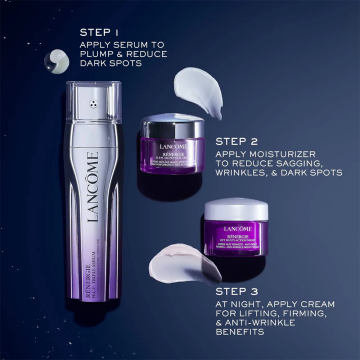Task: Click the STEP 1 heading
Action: click(99, 32)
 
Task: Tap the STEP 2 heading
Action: click(236, 140)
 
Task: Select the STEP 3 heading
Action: click(236, 263)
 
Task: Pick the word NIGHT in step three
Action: click(255, 278)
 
